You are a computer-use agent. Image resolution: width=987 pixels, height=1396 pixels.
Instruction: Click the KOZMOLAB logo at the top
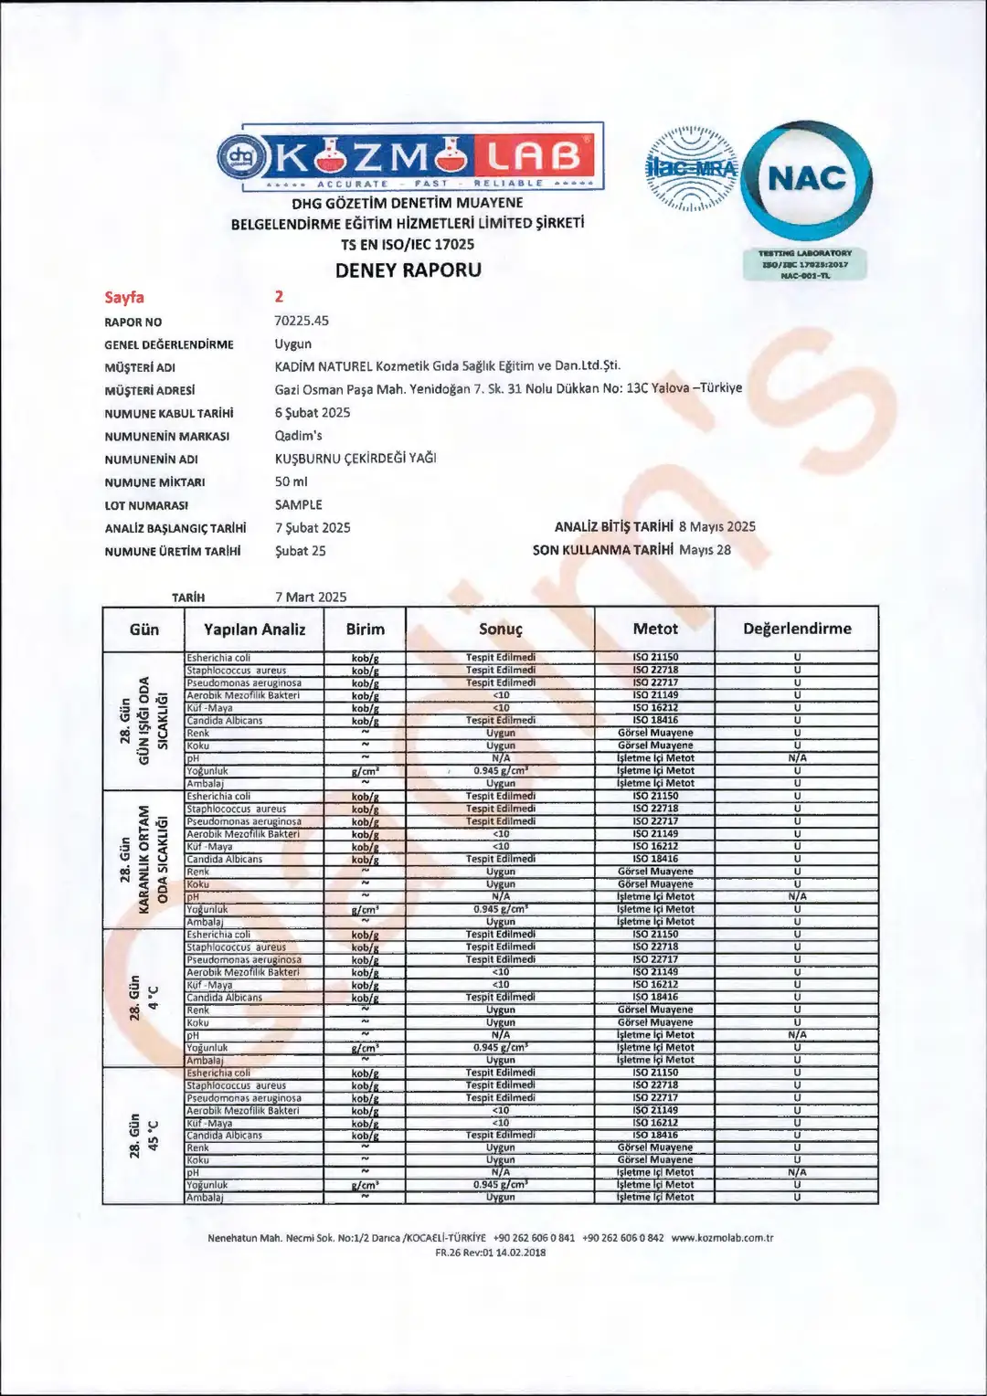[409, 156]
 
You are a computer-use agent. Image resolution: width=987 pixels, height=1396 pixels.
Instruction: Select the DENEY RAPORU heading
[408, 270]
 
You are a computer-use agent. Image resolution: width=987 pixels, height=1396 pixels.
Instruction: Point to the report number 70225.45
[302, 321]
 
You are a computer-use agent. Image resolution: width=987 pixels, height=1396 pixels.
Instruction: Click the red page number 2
[279, 296]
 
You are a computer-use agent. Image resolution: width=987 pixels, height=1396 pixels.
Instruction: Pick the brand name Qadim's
[298, 436]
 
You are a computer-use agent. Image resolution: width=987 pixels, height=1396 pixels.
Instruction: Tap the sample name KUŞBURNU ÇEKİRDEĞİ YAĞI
[356, 459]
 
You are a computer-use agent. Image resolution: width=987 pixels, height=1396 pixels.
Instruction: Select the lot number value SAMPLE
[298, 504]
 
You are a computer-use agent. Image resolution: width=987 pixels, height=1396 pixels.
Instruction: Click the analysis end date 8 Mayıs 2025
[717, 526]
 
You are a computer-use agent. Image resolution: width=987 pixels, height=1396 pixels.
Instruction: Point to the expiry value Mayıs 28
[705, 550]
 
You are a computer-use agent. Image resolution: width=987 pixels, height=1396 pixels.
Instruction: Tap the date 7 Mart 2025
[311, 597]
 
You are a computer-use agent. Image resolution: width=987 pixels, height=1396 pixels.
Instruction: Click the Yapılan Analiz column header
[254, 629]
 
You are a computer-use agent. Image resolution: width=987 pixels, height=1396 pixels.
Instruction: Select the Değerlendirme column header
[797, 629]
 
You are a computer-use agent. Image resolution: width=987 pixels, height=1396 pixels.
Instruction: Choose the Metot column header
[655, 629]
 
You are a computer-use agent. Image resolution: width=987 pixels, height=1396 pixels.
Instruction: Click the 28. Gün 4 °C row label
[144, 998]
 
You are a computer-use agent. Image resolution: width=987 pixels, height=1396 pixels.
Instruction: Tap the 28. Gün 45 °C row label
[144, 1136]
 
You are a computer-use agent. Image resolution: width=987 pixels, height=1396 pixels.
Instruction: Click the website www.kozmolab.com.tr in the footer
[722, 1238]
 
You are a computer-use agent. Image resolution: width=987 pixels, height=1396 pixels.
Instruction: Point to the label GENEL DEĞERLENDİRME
[169, 344]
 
